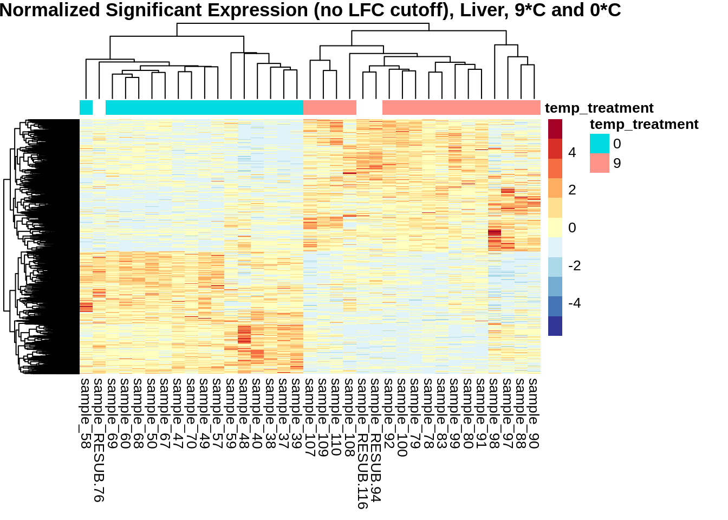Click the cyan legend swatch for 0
coord(599,144)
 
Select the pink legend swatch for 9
coord(599,163)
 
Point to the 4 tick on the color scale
coord(572,153)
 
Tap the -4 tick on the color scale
coord(574,303)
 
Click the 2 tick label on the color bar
coord(572,190)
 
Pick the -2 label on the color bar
coord(574,265)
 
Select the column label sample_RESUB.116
coord(362,444)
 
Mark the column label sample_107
coord(310,417)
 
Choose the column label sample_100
coord(402,417)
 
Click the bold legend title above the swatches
coord(644,125)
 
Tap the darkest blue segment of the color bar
coord(555,326)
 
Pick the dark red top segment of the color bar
coord(555,129)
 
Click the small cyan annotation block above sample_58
coord(86,107)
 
